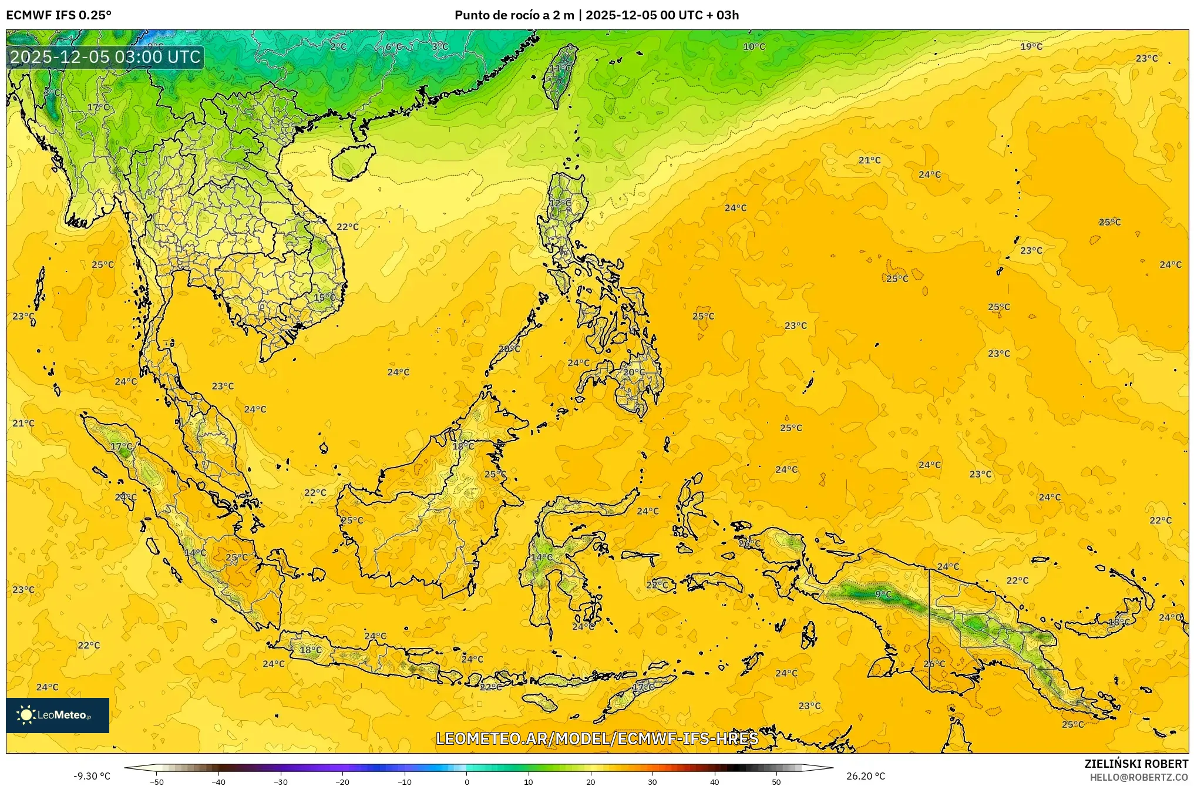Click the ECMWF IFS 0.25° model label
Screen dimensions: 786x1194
click(x=59, y=15)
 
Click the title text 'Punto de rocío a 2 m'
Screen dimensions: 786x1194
click(x=514, y=15)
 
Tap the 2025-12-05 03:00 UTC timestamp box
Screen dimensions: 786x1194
click(x=106, y=57)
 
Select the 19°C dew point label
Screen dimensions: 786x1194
click(x=1031, y=46)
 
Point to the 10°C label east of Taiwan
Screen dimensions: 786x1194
click(x=754, y=46)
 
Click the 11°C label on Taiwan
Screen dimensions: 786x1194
click(x=560, y=68)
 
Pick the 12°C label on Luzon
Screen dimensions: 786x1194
click(x=560, y=203)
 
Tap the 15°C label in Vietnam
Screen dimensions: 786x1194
click(x=324, y=298)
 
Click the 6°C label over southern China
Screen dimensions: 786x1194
click(x=394, y=46)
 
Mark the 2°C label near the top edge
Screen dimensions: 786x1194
click(x=338, y=46)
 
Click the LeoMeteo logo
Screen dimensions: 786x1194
click(x=58, y=715)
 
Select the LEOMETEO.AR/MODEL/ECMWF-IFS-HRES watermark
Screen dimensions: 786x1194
click(x=597, y=738)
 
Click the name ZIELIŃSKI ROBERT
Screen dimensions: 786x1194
click(x=1136, y=764)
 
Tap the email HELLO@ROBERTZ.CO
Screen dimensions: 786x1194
click(x=1139, y=777)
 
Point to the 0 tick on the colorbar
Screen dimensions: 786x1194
click(x=467, y=781)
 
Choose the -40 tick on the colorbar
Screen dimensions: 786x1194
click(x=218, y=781)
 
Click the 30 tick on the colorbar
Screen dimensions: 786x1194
click(x=653, y=781)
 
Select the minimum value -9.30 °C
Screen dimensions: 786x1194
click(x=92, y=776)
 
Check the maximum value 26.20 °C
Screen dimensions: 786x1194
click(x=866, y=776)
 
